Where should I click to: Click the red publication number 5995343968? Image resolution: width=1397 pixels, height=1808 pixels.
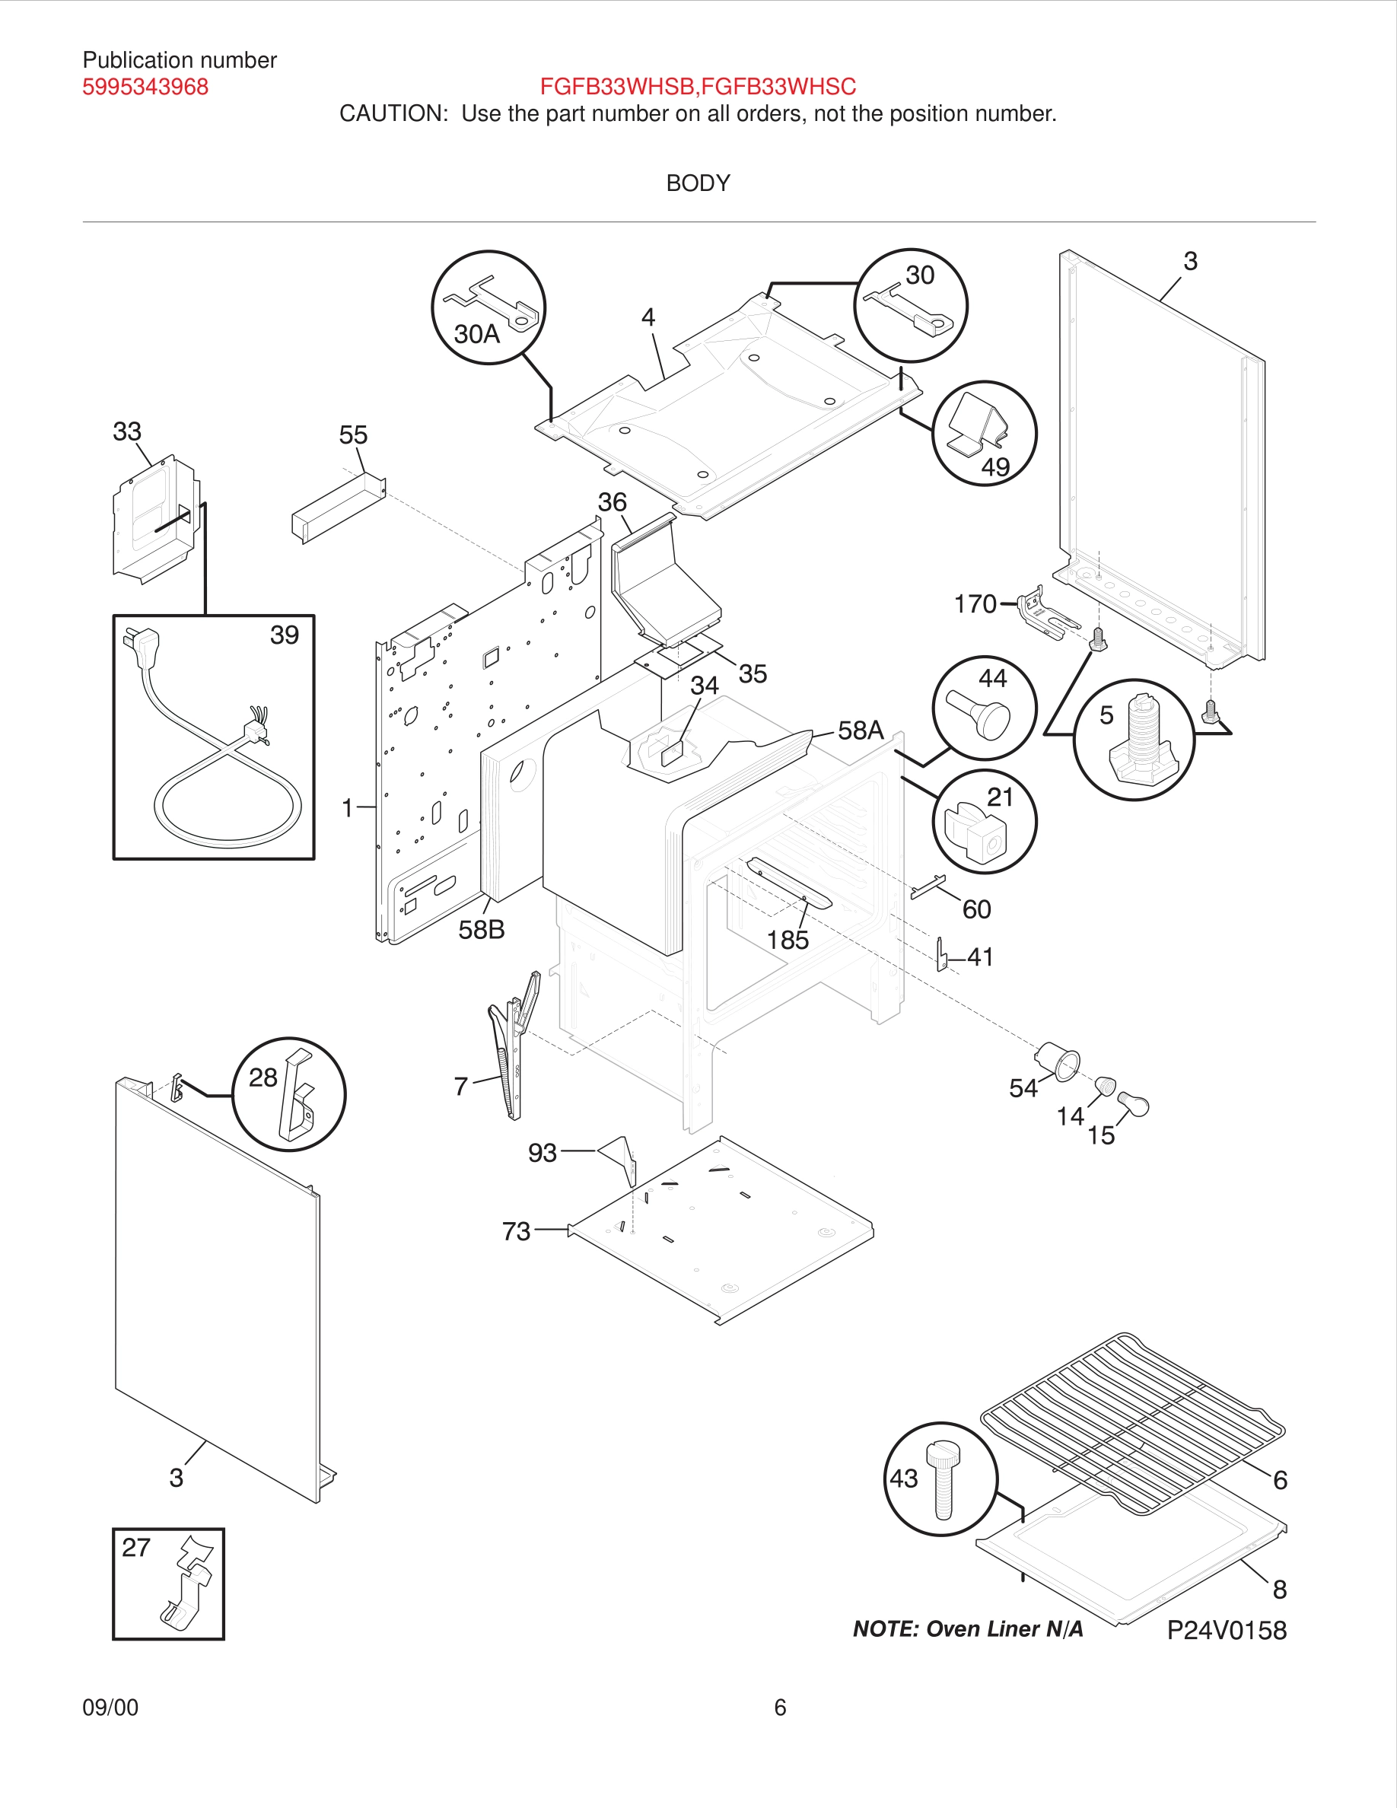[x=145, y=87]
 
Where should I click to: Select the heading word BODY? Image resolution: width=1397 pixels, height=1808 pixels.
[x=698, y=183]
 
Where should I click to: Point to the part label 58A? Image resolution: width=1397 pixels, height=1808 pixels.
[x=861, y=731]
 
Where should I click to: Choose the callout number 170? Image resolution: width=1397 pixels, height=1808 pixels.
[x=975, y=604]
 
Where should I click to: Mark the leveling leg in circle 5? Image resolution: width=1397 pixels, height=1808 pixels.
[x=1143, y=745]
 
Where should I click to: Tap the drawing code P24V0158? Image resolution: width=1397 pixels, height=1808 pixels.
[x=1227, y=1630]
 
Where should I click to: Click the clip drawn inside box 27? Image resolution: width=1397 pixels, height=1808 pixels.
[x=188, y=1583]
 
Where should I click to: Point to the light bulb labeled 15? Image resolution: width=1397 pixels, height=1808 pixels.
[x=1134, y=1103]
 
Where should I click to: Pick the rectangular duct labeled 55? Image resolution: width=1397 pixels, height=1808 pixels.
[x=338, y=508]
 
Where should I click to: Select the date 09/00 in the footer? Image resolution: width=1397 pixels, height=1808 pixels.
[x=110, y=1707]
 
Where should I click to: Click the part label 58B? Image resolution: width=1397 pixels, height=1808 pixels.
[x=481, y=930]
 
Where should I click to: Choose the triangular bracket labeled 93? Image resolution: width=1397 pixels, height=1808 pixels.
[x=620, y=1156]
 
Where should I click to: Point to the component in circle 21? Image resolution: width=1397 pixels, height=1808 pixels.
[x=979, y=831]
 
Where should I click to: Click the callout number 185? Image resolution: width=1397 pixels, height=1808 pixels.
[x=787, y=940]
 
